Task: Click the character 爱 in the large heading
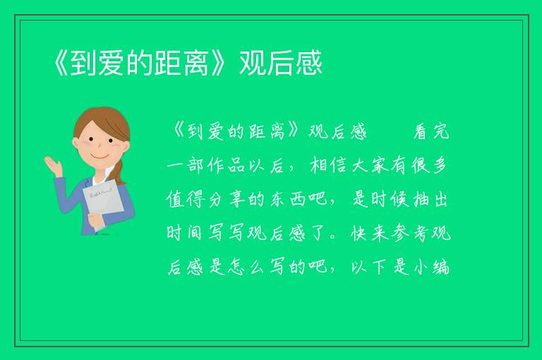(x=112, y=63)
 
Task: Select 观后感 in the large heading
(x=281, y=63)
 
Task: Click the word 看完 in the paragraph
(x=432, y=132)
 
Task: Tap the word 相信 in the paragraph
(x=329, y=166)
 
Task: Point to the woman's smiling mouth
(x=100, y=156)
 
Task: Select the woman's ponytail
(x=119, y=172)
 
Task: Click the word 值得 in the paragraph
(x=185, y=200)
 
